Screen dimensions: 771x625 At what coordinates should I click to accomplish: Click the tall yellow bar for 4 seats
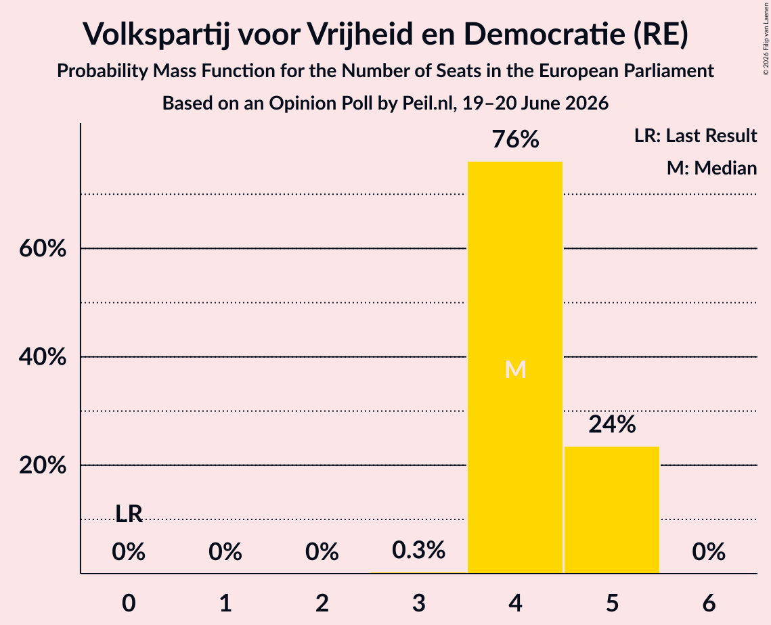click(x=515, y=367)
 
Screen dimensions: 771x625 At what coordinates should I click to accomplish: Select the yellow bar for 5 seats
click(x=612, y=509)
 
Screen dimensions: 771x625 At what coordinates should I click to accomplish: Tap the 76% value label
click(x=515, y=139)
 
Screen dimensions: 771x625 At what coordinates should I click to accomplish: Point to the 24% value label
click(x=612, y=425)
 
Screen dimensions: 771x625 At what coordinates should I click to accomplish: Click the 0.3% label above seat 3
click(x=418, y=551)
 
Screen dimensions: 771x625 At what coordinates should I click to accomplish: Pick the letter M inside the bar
click(x=515, y=369)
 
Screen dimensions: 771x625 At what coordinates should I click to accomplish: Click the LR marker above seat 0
click(x=129, y=514)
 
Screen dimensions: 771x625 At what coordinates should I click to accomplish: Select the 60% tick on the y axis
click(x=43, y=249)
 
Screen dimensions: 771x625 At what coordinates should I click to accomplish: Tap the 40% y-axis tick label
click(x=43, y=356)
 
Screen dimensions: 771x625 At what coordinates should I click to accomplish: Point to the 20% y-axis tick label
click(x=43, y=465)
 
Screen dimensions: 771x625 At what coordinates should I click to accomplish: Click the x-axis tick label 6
click(x=709, y=603)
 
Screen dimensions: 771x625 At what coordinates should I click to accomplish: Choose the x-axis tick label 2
click(x=322, y=603)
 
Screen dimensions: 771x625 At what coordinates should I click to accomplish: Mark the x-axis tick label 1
click(x=225, y=603)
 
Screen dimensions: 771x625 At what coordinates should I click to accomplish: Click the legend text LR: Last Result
click(x=695, y=135)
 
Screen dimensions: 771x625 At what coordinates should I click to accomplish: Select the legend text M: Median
click(x=711, y=168)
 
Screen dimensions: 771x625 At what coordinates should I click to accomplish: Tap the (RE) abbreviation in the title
click(x=661, y=34)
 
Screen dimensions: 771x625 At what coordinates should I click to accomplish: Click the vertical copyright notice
click(x=766, y=39)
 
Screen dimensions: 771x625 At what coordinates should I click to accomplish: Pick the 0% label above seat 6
click(x=709, y=552)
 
